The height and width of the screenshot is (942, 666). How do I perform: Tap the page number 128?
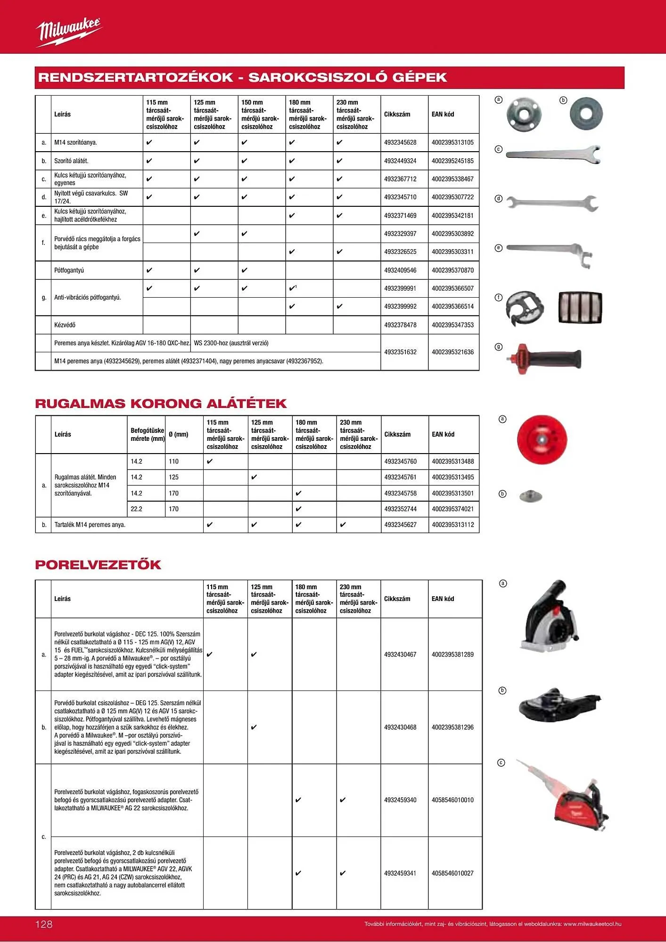coord(44,925)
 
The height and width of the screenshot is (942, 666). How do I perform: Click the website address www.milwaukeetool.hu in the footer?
coord(592,924)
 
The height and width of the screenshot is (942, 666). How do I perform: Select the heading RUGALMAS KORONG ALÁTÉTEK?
coord(161,404)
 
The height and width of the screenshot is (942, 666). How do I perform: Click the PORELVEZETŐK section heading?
coord(98,565)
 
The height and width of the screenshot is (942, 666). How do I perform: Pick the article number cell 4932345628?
coord(400,142)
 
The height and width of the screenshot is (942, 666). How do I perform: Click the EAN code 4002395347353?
coord(452,325)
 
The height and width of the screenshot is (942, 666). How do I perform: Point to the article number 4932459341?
coord(400,873)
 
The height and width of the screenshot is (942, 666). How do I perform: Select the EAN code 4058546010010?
coord(452,800)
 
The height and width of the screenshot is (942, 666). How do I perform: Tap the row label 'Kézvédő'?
coord(65,325)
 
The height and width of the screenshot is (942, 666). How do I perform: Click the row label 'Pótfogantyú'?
coord(69,270)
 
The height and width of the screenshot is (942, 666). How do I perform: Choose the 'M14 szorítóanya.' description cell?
coord(75,142)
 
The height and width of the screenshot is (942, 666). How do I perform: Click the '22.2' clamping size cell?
coord(137,509)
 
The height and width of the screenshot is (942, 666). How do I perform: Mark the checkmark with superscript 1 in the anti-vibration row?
coord(293,288)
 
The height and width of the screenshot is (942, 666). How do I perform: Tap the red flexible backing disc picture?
coord(542,439)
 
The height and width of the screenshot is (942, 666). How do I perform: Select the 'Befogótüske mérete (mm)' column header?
coord(148,435)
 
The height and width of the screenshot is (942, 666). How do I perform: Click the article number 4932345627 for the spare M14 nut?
coord(400,525)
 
